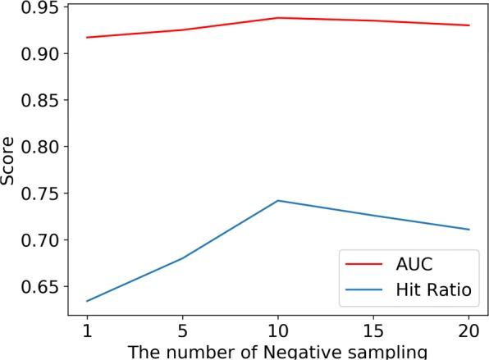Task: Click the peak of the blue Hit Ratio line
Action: pyautogui.click(x=277, y=200)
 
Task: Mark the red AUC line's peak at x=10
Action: pyautogui.click(x=277, y=17)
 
